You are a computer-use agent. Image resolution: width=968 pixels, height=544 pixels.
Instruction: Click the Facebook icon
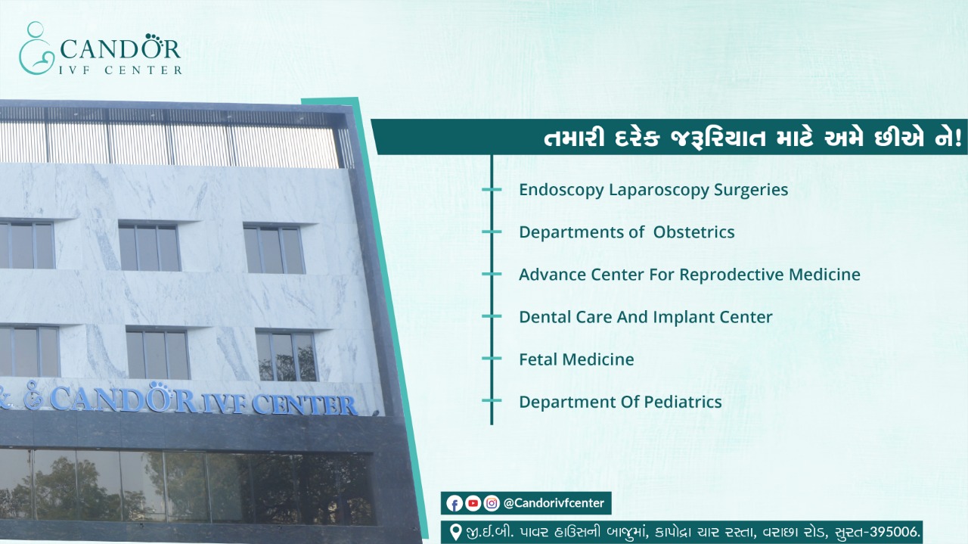pos(455,503)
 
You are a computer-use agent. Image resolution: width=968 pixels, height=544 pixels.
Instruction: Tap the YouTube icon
pos(473,503)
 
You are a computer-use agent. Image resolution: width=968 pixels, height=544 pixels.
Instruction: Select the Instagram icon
pos(492,503)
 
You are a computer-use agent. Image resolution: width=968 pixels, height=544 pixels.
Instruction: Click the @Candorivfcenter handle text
pos(554,503)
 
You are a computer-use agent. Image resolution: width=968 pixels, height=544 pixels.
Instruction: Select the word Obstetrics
pos(693,232)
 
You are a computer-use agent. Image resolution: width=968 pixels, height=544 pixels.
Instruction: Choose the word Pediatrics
pos(683,402)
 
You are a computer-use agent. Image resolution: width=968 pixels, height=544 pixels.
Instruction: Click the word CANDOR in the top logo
pos(120,48)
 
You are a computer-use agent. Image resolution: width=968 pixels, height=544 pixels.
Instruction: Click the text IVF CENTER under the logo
pos(120,70)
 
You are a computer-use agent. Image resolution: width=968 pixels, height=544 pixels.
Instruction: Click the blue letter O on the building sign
pos(158,396)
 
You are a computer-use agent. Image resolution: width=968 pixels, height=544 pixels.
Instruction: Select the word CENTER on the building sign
pos(304,405)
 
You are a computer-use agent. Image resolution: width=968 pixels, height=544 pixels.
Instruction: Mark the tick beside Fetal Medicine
pos(492,359)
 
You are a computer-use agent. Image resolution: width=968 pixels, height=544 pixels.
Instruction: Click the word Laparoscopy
pos(658,191)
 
